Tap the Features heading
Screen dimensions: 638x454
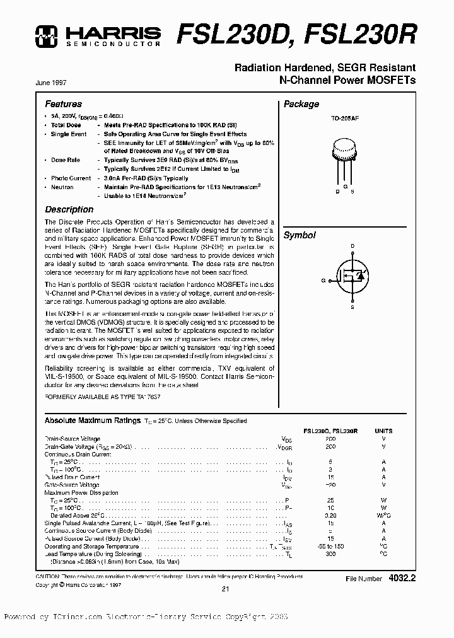tap(63, 104)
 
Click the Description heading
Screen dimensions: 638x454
tap(69, 209)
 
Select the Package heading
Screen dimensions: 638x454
tap(301, 104)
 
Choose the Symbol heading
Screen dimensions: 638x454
tap(299, 235)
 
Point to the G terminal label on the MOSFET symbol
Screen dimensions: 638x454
tap(323, 279)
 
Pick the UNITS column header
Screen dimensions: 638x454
tap(383, 430)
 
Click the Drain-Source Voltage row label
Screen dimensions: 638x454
tap(72, 438)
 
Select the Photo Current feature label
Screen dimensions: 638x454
tap(71, 178)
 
